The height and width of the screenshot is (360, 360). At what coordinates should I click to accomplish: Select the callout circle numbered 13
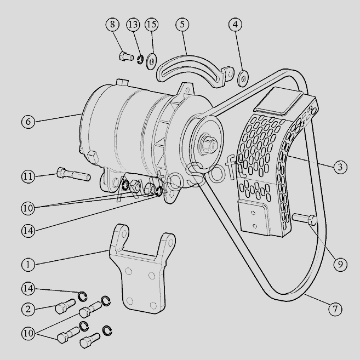tap(133, 25)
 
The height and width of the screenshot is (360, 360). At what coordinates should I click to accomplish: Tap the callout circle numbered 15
tap(151, 25)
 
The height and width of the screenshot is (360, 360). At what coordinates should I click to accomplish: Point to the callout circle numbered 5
tap(182, 25)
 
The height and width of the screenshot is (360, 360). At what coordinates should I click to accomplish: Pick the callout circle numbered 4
tap(236, 25)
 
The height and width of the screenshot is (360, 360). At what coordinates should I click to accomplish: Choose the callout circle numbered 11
tap(28, 176)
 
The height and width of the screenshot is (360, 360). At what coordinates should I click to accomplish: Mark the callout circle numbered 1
tap(28, 264)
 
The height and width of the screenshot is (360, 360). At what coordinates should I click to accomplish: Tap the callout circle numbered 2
tap(28, 309)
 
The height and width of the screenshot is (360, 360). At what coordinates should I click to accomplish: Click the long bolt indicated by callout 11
tap(72, 175)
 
